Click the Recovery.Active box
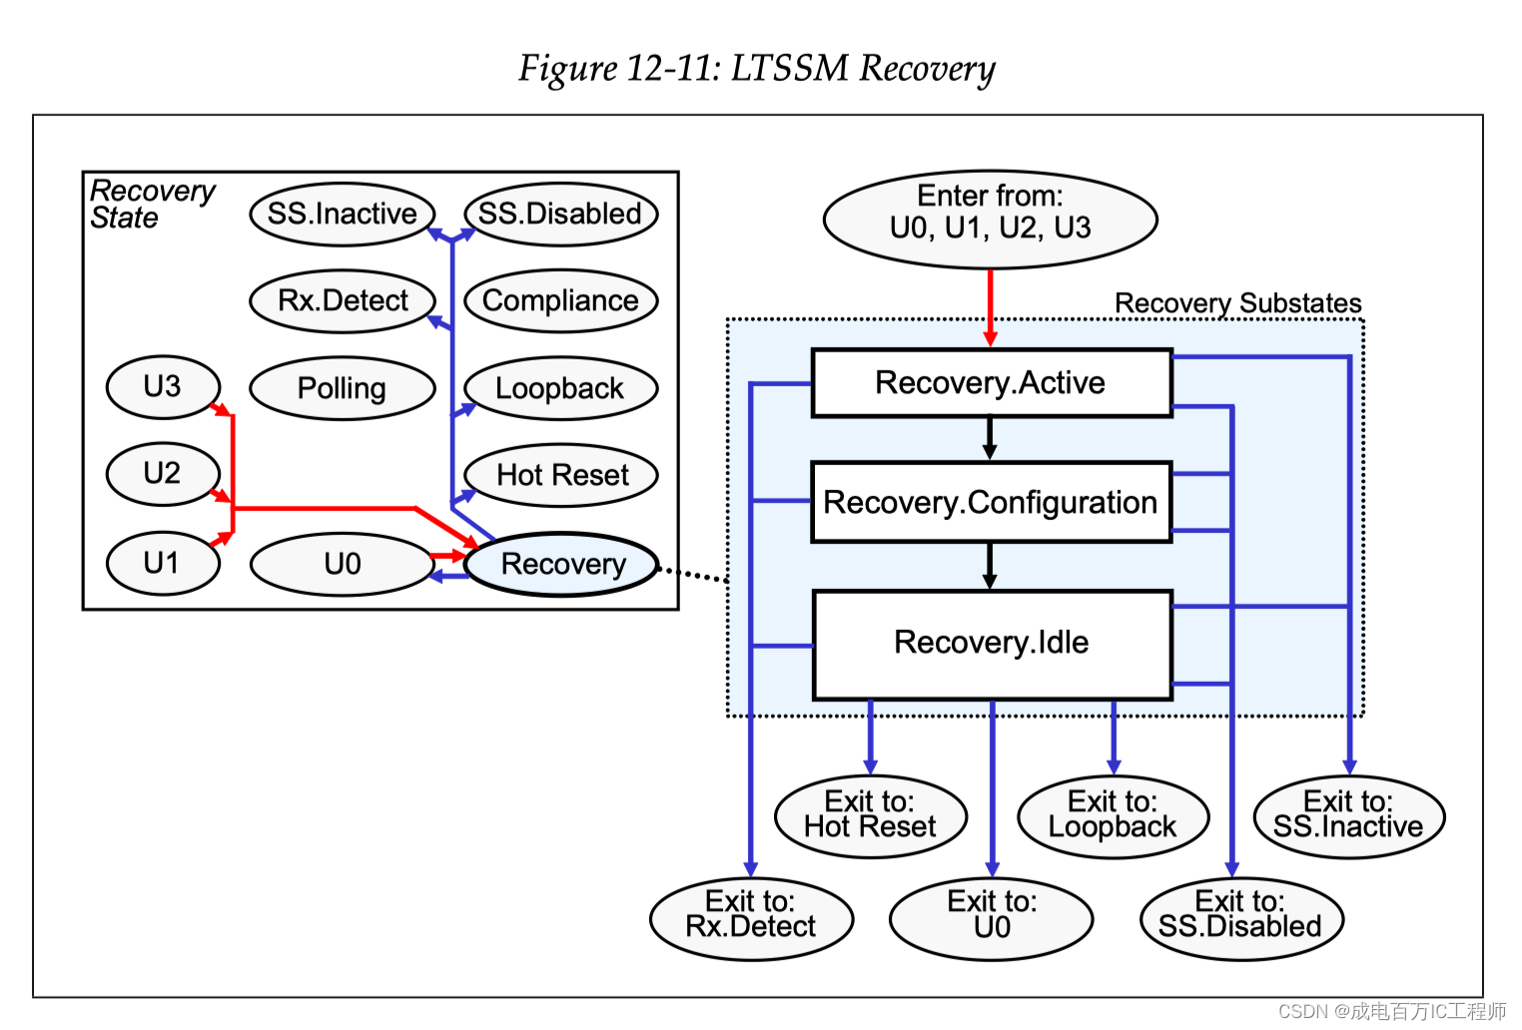[x=991, y=383]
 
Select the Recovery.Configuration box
[x=991, y=502]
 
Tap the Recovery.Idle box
[x=991, y=644]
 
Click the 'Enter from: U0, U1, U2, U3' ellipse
[x=990, y=220]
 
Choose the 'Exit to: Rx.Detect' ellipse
[x=751, y=917]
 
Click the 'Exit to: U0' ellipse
[x=991, y=917]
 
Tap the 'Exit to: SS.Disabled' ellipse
[x=1240, y=917]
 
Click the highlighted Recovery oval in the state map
[x=562, y=565]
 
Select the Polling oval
[x=342, y=388]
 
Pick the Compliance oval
[x=560, y=300]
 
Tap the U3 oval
[x=162, y=386]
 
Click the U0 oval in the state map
[x=342, y=565]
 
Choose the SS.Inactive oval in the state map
[x=342, y=214]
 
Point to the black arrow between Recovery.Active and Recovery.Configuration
[x=990, y=438]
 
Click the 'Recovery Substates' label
[x=1237, y=303]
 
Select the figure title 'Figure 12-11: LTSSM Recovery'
[x=757, y=69]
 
